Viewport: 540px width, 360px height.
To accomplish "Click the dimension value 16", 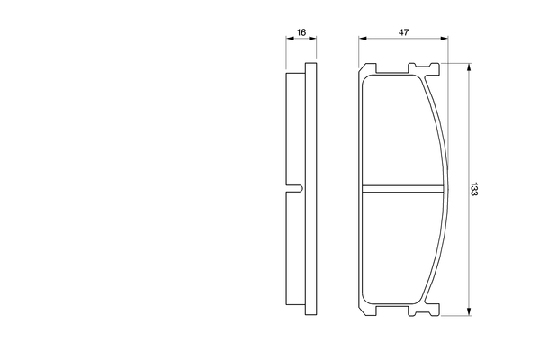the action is point(301,32).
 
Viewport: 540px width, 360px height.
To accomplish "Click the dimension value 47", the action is point(403,32).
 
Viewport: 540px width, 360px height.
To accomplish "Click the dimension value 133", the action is point(474,189).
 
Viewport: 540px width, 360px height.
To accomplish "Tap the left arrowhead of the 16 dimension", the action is point(290,39).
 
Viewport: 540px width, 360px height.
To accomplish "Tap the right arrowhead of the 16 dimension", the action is point(312,39).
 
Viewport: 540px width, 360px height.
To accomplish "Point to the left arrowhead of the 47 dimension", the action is point(363,39).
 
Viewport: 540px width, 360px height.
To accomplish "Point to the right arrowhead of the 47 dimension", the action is point(445,39).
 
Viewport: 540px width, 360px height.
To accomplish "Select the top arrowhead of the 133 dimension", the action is point(468,67).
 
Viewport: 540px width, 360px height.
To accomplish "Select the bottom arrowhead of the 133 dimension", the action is point(468,311).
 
